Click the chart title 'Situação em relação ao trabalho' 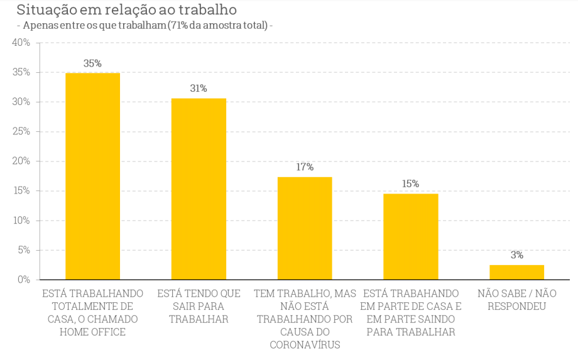point(126,10)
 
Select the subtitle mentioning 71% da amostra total point(144,26)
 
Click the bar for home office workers point(92,176)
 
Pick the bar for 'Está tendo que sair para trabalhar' point(199,188)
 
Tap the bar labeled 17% point(305,228)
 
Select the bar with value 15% point(411,236)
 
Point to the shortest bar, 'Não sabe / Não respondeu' point(516,272)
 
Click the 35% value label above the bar point(92,63)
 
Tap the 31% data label point(199,89)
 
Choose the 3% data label point(516,255)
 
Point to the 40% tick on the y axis point(21,43)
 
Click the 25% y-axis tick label point(21,131)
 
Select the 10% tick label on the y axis point(21,221)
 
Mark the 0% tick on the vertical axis point(23,280)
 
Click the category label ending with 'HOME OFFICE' point(92,313)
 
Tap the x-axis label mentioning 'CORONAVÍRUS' point(305,319)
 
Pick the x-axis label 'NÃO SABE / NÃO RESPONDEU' point(516,300)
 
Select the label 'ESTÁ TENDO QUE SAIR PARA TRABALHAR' point(199,307)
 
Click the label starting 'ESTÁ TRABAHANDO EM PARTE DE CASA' point(411,313)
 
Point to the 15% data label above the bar point(411,184)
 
